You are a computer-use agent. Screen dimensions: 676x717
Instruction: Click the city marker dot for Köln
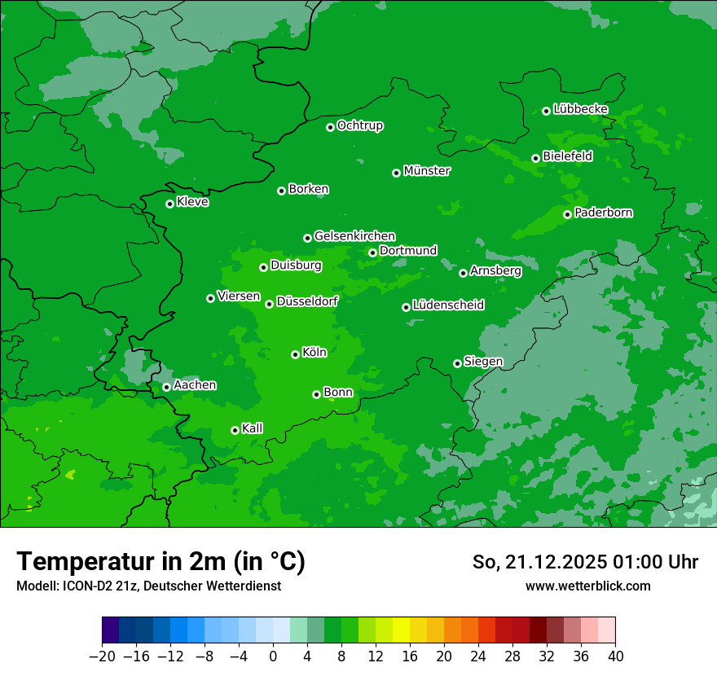pos(295,354)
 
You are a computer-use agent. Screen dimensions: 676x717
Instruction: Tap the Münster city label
pos(426,171)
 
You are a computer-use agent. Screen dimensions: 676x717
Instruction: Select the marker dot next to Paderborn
pos(567,214)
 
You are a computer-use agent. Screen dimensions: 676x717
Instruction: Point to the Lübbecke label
pos(580,109)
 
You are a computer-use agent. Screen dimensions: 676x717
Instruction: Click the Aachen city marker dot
pos(166,387)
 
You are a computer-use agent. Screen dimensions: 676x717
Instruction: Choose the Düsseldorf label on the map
pos(306,301)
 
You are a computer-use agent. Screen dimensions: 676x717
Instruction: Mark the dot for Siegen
pos(457,363)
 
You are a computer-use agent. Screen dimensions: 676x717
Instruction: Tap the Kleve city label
pos(192,202)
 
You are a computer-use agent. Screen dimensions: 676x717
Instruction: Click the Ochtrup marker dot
pos(330,127)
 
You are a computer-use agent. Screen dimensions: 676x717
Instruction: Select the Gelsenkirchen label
pos(354,236)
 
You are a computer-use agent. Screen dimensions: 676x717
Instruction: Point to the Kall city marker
pos(235,430)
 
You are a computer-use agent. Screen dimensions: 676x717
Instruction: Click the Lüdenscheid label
pos(448,305)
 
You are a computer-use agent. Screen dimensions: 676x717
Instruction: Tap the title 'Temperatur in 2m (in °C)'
pos(161,561)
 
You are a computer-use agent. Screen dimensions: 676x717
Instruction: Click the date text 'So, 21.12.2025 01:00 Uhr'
pos(585,562)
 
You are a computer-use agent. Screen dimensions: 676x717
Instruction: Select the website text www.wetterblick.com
pos(587,586)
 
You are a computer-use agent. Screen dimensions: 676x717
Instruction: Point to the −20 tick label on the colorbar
pos(102,656)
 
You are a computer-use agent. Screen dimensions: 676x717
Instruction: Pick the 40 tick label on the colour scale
pos(615,656)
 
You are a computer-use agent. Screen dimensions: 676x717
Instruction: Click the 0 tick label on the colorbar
pos(273,656)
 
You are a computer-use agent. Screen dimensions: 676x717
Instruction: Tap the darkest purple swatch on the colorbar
pos(110,630)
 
